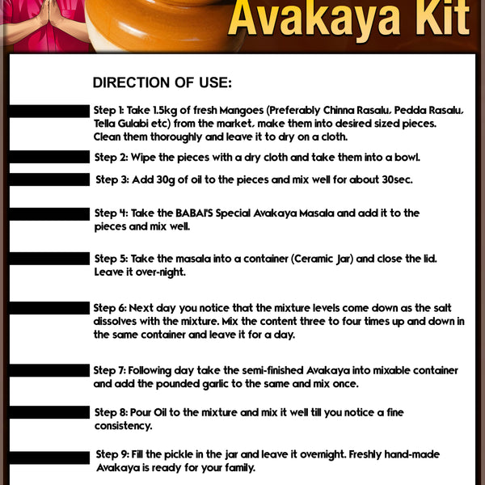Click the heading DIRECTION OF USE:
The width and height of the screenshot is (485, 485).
coord(162,82)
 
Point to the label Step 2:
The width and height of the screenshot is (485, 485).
coord(111,158)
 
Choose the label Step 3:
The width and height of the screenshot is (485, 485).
coord(112,179)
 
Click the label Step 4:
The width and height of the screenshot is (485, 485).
coord(111,213)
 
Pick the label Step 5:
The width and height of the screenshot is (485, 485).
coord(111,259)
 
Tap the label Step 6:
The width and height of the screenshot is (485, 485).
coord(109,308)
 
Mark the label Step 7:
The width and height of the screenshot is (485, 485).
coord(109,369)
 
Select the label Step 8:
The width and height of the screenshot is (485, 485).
coord(111,412)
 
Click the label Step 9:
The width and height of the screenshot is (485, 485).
coord(112,454)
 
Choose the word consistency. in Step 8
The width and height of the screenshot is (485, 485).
coord(124,425)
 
